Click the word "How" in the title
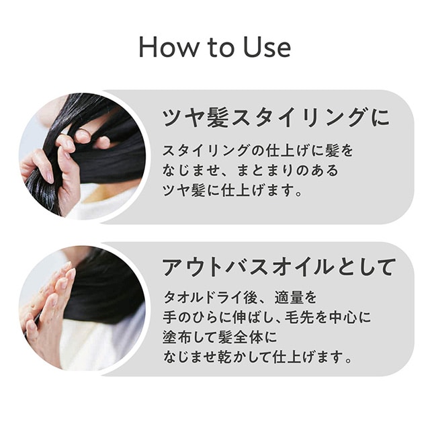pyautogui.click(x=169, y=47)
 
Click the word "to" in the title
pyautogui.click(x=221, y=48)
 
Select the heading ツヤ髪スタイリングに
pyautogui.click(x=275, y=118)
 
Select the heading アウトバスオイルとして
pyautogui.click(x=279, y=267)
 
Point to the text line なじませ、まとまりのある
pyautogui.click(x=251, y=170)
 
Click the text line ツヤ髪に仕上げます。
pyautogui.click(x=232, y=190)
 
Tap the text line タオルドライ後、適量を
pyautogui.click(x=240, y=298)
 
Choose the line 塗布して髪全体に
pyautogui.click(x=220, y=337)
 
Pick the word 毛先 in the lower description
pyautogui.click(x=299, y=317)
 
